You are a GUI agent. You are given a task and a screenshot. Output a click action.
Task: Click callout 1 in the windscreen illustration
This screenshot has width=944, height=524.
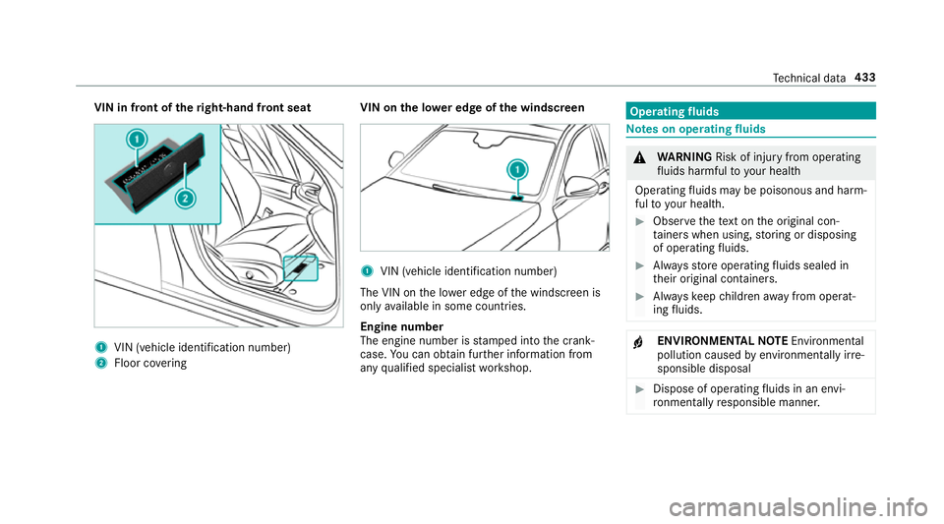click(x=516, y=169)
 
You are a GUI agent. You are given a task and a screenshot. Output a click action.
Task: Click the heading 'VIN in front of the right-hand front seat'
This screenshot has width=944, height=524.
click(x=186, y=105)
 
